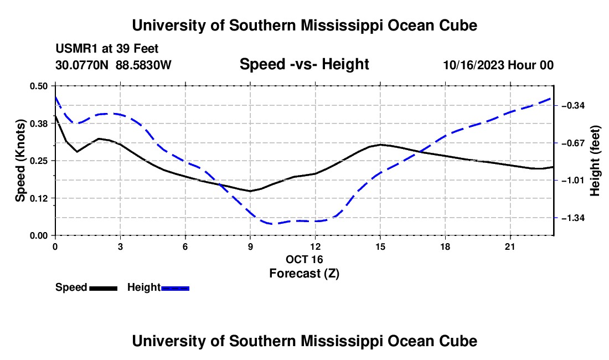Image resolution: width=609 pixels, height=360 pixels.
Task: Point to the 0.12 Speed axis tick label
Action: pos(39,198)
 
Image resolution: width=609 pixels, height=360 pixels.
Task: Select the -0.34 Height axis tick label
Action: pos(573,106)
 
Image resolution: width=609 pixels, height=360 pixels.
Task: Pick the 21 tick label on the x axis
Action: pos(510,246)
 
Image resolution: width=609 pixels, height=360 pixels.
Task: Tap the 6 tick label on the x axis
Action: pos(185,246)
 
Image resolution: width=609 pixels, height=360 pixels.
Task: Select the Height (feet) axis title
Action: pos(595,161)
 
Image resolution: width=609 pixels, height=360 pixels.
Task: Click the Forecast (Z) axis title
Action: pos(304,274)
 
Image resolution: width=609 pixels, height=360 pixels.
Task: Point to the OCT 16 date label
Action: pos(304,259)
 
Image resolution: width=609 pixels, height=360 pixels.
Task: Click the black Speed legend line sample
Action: pos(104,288)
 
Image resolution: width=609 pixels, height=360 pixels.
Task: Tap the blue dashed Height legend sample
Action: pos(175,288)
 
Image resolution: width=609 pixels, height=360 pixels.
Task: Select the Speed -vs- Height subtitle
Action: pos(304,64)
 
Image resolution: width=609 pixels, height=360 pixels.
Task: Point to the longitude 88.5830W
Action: pos(143,65)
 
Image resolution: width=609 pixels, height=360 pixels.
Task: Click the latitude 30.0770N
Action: pos(82,65)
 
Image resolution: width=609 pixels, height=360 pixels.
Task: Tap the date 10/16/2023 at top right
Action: pos(474,65)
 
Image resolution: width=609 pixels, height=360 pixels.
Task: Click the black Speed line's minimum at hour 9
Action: pos(250,191)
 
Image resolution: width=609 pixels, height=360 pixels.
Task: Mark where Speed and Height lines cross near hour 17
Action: pos(419,151)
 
